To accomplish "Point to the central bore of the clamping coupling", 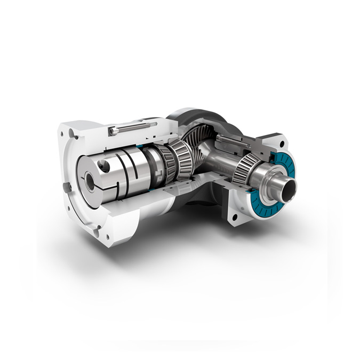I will pyautogui.click(x=90, y=181).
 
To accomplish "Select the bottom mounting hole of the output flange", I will pyautogui.click(x=234, y=218).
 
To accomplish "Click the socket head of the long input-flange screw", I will pyautogui.click(x=113, y=131).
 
